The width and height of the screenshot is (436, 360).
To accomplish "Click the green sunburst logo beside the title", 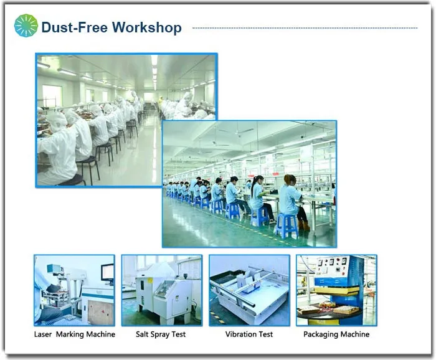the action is (x=26, y=26).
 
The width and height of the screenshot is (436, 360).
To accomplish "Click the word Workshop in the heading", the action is (x=147, y=27).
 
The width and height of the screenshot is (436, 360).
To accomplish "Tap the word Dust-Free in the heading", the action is (x=75, y=27).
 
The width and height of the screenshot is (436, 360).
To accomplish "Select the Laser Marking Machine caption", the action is (x=75, y=334).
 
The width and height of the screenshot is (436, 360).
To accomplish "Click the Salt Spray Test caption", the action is (x=161, y=334).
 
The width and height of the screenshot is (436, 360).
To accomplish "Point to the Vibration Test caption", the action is (x=249, y=334).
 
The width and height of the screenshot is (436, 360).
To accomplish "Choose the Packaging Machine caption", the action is (x=336, y=334).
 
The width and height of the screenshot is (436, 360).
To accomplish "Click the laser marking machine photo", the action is (x=74, y=290).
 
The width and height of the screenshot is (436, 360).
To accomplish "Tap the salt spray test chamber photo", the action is (x=162, y=290).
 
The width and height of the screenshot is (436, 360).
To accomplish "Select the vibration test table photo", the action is (x=249, y=290).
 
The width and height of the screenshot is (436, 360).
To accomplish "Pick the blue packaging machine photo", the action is (x=337, y=290).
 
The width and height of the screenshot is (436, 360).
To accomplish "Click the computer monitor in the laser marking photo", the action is (x=108, y=273).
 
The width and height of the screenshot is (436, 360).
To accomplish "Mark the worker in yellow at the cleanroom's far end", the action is (x=161, y=100).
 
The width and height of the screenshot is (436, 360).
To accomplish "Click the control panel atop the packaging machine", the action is (x=333, y=266).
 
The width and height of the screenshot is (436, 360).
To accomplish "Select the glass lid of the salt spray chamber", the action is (x=165, y=288).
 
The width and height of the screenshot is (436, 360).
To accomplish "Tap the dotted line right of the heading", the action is (x=305, y=28).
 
